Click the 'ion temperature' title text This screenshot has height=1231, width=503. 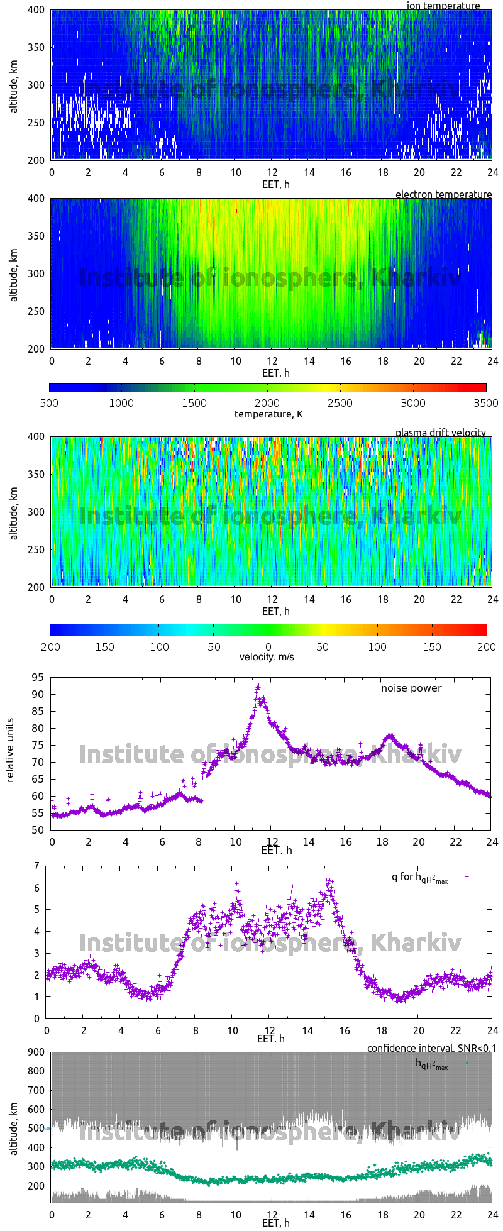(443, 6)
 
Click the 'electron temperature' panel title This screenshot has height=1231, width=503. (443, 194)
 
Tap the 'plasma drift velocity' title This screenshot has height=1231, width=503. (440, 433)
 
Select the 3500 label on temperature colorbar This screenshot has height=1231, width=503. (486, 403)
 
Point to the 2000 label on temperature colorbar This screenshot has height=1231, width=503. (267, 403)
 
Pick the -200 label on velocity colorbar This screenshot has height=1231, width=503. (50, 646)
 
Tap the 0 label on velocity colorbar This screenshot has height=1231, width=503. (268, 646)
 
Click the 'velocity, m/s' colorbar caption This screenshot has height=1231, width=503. (267, 657)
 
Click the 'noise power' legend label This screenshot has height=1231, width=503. (411, 688)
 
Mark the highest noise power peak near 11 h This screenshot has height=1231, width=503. (258, 686)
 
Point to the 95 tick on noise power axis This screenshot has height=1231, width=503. (37, 677)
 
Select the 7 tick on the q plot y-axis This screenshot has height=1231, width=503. (37, 866)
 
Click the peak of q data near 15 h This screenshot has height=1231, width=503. (328, 880)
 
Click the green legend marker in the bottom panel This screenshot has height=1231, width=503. (466, 1063)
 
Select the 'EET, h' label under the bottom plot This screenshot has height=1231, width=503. (275, 1223)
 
